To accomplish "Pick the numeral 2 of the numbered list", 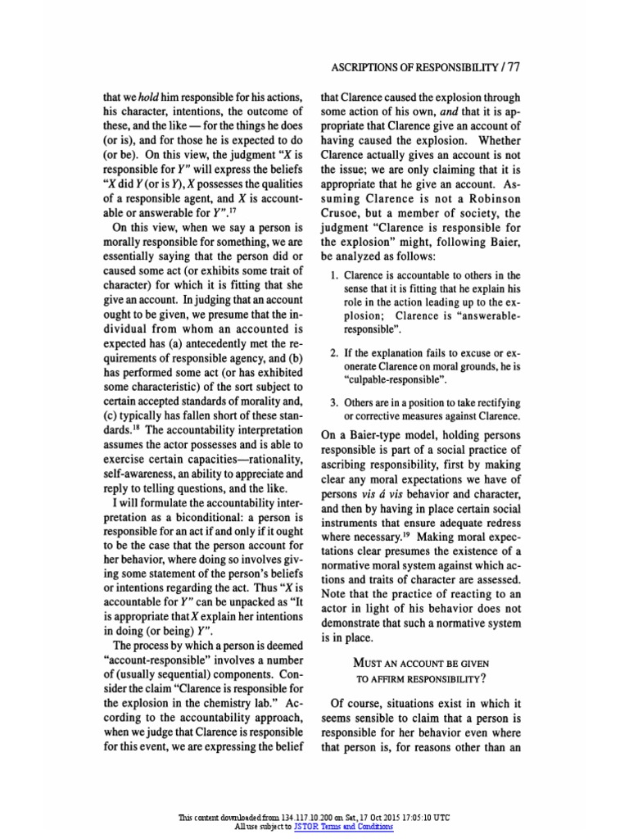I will [x=333, y=352].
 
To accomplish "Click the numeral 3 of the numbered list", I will [x=333, y=403].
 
